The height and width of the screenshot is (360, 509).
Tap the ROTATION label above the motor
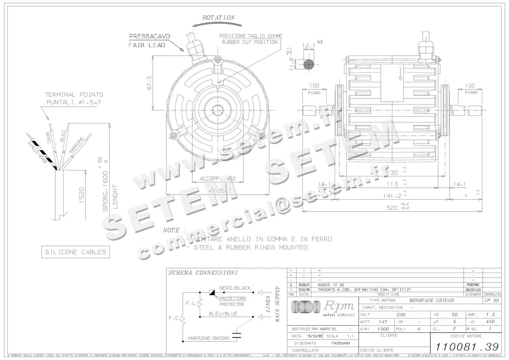tap(218, 18)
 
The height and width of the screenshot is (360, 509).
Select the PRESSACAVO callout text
tap(149, 36)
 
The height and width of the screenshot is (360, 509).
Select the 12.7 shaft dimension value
tap(308, 45)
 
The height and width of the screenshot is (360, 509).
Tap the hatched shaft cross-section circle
tap(308, 64)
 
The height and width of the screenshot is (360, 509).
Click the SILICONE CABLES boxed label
tap(76, 252)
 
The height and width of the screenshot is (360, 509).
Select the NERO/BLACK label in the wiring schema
tap(235, 288)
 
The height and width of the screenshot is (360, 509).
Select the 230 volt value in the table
tap(400, 315)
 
